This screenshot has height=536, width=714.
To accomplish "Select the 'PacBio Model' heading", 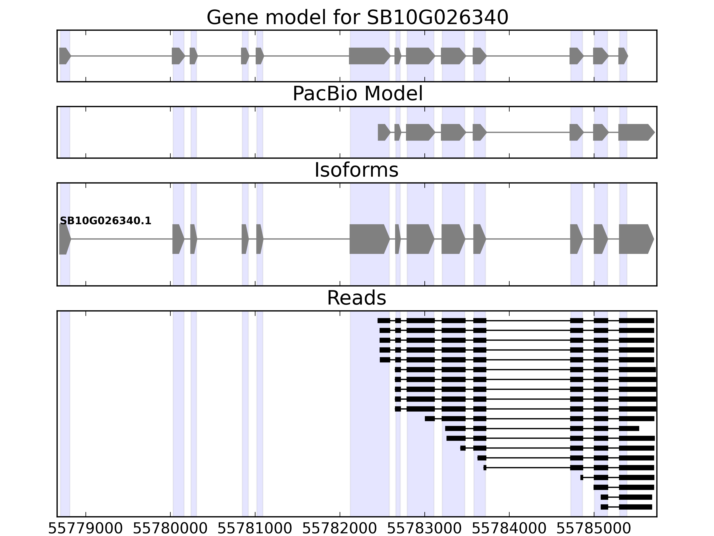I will [x=357, y=94].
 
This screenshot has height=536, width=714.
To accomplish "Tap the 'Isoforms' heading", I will [x=356, y=170].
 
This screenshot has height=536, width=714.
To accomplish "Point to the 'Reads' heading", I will [x=356, y=298].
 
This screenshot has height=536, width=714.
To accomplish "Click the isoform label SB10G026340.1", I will [x=106, y=221].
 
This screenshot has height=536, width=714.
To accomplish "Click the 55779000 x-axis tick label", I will [x=85, y=529].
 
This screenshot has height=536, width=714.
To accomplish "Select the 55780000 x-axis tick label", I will [x=170, y=529].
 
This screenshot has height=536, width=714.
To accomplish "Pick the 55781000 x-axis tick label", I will [x=255, y=529].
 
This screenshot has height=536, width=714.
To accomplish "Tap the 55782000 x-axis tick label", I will [x=340, y=529].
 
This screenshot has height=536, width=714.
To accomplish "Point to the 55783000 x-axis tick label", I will [x=424, y=529].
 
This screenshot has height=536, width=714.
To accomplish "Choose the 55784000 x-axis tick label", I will [x=509, y=529].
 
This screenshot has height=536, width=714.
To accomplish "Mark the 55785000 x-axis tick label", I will [x=594, y=529].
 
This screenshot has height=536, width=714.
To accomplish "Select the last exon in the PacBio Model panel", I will [x=635, y=132].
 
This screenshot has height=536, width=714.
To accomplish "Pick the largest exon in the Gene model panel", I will [x=369, y=56].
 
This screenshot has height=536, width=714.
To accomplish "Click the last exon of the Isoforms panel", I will [x=635, y=239].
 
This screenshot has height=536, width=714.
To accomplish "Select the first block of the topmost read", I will [x=384, y=320].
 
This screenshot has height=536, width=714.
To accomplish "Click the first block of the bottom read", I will [x=604, y=507].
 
